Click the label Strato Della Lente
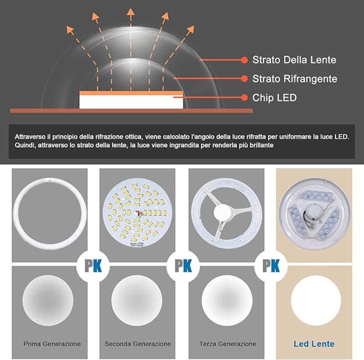294,60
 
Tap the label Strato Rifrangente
295,79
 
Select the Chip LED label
274,97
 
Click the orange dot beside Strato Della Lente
244,60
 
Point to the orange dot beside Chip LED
244,97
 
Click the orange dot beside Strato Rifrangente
244,79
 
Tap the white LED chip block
131,102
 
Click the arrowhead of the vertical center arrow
130,12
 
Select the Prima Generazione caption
52,344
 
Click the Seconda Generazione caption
138,344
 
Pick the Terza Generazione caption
227,344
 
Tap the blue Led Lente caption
314,344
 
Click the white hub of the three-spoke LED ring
223,213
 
